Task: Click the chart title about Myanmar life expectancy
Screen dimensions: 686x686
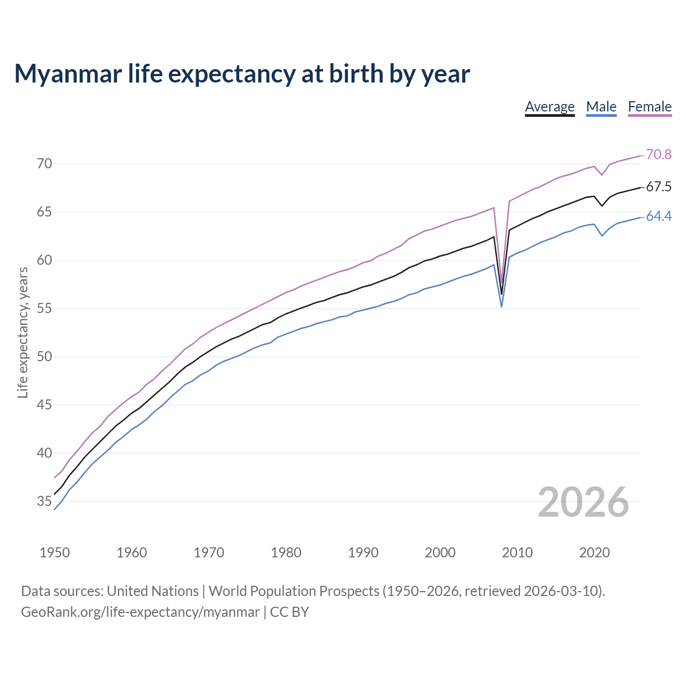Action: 242,73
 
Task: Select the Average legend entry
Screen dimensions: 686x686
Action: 549,107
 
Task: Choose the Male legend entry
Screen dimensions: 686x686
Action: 601,107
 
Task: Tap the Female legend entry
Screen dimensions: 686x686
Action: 650,107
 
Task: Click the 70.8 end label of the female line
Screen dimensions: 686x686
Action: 659,154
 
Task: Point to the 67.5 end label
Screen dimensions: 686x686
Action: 659,187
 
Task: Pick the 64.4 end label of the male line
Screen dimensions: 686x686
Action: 659,216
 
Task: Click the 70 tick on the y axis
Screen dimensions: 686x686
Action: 44,163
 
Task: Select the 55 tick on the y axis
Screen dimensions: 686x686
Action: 44,308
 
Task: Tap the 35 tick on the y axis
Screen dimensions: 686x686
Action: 44,502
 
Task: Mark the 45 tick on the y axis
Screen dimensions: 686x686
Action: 44,405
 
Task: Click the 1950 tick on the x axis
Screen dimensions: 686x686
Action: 55,553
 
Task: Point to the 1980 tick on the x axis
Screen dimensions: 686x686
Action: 286,553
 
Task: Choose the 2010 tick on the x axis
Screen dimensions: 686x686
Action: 517,553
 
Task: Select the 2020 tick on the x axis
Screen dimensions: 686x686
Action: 594,553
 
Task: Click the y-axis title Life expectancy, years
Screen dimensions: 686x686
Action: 23,333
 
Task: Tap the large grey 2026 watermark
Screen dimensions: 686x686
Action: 583,502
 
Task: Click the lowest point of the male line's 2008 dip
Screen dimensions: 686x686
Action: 502,307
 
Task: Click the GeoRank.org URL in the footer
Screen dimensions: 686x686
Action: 140,612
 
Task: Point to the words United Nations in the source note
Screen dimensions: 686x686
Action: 153,591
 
